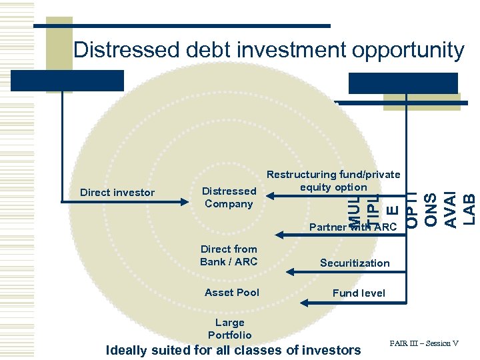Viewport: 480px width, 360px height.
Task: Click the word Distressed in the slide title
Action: (126, 49)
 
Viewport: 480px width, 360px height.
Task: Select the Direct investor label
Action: (117, 193)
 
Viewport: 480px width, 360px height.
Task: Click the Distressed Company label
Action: (229, 197)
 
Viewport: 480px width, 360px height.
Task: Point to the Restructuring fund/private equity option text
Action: (333, 181)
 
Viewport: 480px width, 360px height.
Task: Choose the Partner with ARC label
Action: (353, 227)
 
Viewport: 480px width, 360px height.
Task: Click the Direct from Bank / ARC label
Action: (229, 255)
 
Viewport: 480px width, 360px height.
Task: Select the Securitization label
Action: (355, 263)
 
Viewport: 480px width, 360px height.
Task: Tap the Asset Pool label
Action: (232, 292)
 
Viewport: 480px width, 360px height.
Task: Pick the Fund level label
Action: (359, 292)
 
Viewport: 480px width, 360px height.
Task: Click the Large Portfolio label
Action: (230, 329)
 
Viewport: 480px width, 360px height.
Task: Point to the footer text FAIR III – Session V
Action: (425, 344)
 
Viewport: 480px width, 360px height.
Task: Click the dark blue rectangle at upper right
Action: (403, 83)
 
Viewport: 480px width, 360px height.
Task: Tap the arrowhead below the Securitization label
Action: (291, 271)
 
